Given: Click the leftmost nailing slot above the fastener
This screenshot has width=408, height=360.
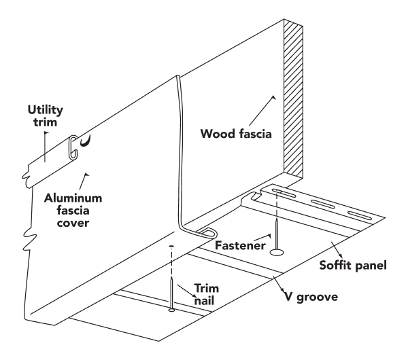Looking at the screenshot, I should tap(285, 194).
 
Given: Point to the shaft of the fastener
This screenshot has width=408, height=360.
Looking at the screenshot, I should tap(277, 234).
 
